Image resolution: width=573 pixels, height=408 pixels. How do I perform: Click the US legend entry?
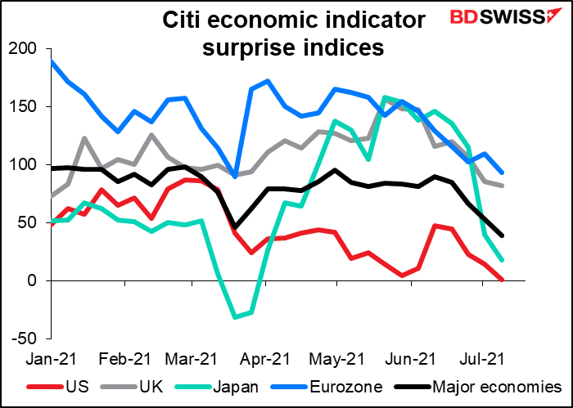62,386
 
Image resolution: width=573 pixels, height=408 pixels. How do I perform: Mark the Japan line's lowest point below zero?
234,316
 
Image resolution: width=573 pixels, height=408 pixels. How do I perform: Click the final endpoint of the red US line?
502,280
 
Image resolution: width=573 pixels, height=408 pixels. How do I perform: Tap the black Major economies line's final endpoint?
502,235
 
